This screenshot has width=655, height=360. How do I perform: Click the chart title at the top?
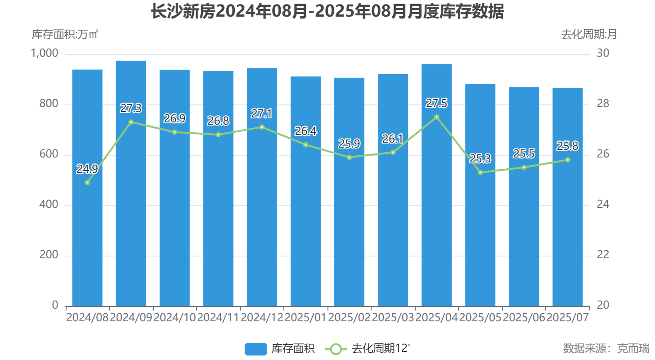pyautogui.click(x=327, y=12)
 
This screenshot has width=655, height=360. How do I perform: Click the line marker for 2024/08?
pyautogui.click(x=87, y=182)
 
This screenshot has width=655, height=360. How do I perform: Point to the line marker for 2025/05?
pyautogui.click(x=480, y=172)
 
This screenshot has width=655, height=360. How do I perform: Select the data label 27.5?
pyautogui.click(x=436, y=103)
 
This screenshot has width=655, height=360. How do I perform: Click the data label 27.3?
pyautogui.click(x=131, y=108)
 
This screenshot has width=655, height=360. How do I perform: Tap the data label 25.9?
pyautogui.click(x=349, y=144)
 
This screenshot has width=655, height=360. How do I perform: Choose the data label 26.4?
pyautogui.click(x=305, y=131)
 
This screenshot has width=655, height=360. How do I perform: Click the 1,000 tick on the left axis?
pyautogui.click(x=44, y=54)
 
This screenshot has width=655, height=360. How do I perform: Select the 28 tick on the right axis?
pyautogui.click(x=602, y=104)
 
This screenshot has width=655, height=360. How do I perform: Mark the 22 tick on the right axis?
pyautogui.click(x=602, y=255)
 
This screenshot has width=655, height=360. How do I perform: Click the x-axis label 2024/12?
pyautogui.click(x=262, y=317)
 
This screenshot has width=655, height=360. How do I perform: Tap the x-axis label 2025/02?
pyautogui.click(x=349, y=317)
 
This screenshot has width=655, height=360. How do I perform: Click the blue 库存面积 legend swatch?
pyautogui.click(x=256, y=349)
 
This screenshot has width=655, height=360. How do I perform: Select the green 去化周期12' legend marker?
pyautogui.click(x=336, y=349)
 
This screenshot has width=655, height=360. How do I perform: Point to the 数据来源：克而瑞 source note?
pyautogui.click(x=606, y=348)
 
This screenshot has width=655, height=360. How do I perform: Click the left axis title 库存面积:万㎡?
pyautogui.click(x=65, y=35)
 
